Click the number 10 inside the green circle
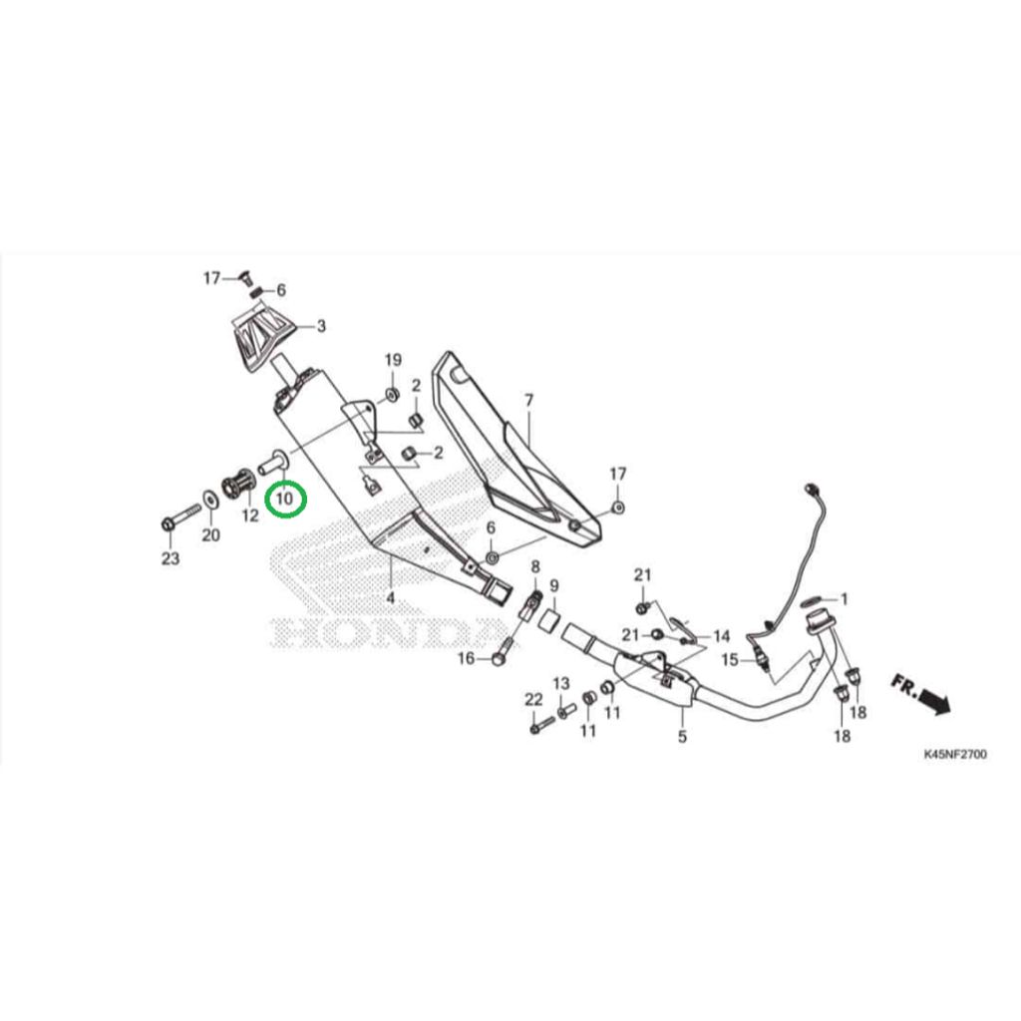click(286, 500)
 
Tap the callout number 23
click(170, 558)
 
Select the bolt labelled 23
click(181, 515)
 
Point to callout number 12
click(250, 515)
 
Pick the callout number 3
click(321, 326)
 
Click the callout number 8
click(535, 566)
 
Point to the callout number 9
click(554, 586)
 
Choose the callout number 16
click(467, 658)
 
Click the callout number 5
click(682, 737)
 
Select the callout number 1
click(845, 599)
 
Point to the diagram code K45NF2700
click(955, 754)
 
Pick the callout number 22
click(534, 699)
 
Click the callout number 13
click(561, 683)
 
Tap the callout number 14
click(722, 636)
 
